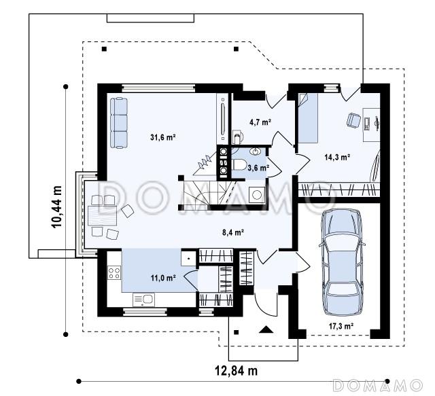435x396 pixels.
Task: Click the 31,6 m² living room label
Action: [163, 137]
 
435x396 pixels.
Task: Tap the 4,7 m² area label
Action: [260, 122]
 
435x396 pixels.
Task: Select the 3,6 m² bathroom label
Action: [258, 168]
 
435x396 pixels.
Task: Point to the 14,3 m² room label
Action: [337, 157]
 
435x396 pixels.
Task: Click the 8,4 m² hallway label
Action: [233, 232]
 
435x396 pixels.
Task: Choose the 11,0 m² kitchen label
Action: [163, 278]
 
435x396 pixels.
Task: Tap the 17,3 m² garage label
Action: [341, 326]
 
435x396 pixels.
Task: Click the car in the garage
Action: [343, 262]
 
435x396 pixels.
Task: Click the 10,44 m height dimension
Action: [56, 206]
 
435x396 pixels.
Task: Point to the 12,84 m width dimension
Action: [236, 370]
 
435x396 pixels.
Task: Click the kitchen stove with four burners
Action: [114, 272]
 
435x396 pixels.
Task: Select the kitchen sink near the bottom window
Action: [143, 300]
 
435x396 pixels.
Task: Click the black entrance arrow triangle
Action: [266, 329]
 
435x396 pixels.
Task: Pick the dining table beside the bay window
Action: [102, 215]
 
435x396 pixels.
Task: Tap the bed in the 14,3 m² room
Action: [308, 118]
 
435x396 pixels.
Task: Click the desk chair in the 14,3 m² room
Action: [353, 120]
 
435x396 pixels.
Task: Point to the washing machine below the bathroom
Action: [257, 195]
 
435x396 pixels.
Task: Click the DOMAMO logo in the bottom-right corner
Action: [378, 385]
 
